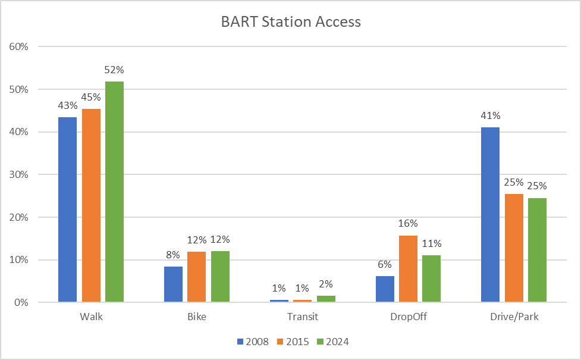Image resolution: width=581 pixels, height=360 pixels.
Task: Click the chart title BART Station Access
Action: (x=290, y=22)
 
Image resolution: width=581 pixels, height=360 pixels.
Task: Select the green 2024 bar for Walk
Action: (x=114, y=192)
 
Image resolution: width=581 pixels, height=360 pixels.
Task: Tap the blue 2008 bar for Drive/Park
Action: (x=490, y=215)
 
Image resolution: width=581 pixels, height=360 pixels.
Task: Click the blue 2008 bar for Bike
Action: (x=173, y=284)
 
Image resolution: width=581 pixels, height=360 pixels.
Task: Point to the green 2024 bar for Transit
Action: (x=326, y=299)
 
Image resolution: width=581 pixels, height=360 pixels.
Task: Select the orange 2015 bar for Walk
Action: (x=91, y=205)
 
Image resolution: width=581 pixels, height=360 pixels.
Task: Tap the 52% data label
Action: (x=114, y=70)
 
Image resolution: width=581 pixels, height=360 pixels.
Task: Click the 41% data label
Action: (x=490, y=115)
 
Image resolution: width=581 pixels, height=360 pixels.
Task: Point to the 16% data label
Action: (x=408, y=224)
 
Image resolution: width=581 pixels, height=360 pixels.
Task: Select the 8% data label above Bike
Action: (x=173, y=255)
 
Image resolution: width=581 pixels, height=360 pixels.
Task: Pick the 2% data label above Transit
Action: (x=326, y=288)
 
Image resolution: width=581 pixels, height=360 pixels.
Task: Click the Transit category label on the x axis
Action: (x=303, y=317)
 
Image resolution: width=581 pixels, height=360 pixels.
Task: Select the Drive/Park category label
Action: (x=514, y=317)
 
